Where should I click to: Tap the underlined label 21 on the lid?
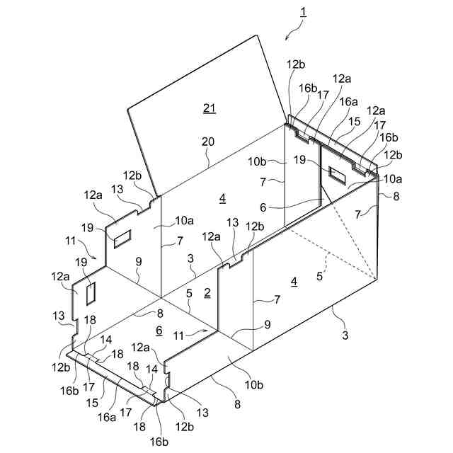[209, 108]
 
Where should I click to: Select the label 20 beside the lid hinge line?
[207, 142]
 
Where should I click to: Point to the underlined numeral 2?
[207, 292]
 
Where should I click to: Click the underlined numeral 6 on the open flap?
[159, 331]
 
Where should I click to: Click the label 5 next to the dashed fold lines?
[320, 277]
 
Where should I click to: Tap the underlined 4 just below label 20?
[222, 199]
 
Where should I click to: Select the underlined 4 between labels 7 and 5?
[294, 282]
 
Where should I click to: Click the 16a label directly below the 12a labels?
[348, 102]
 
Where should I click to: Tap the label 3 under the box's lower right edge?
[345, 336]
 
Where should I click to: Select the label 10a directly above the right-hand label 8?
[394, 178]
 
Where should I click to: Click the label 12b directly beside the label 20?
[132, 176]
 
